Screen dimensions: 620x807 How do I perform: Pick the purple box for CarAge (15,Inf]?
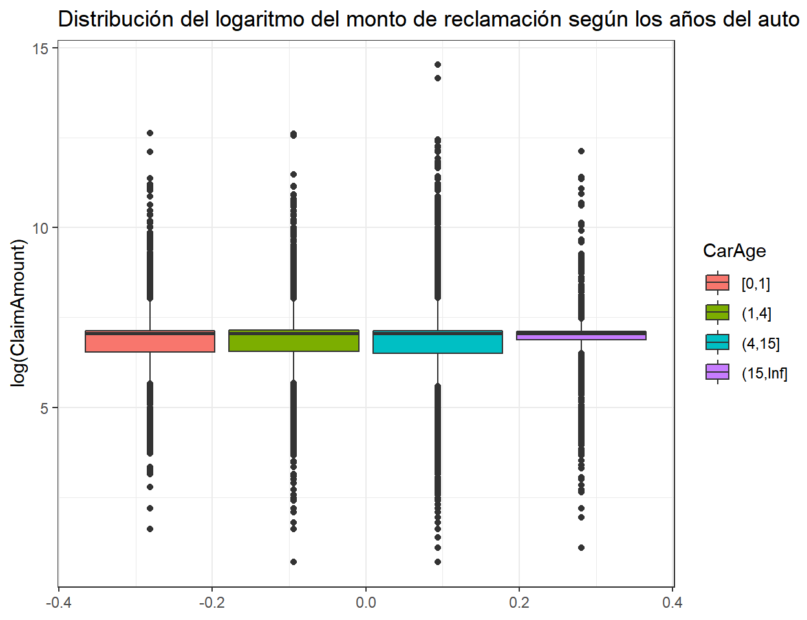pos(581,335)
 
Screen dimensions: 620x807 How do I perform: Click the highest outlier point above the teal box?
pos(438,65)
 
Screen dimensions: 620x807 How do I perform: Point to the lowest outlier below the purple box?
pos(581,548)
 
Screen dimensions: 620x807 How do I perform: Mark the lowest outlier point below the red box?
pos(150,529)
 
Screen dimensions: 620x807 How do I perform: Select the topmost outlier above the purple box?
pos(581,151)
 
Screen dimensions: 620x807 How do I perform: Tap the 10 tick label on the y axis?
pos(41,228)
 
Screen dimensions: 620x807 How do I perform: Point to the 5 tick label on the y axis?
pos(45,408)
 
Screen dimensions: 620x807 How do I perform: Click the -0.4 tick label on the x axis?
pos(58,603)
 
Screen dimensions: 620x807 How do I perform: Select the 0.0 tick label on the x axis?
pos(365,603)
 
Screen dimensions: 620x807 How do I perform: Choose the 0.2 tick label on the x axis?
pos(519,603)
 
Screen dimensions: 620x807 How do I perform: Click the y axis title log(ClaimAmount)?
pos(19,313)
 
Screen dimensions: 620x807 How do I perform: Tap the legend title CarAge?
pos(734,251)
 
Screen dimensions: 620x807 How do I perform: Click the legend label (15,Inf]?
pos(764,373)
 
